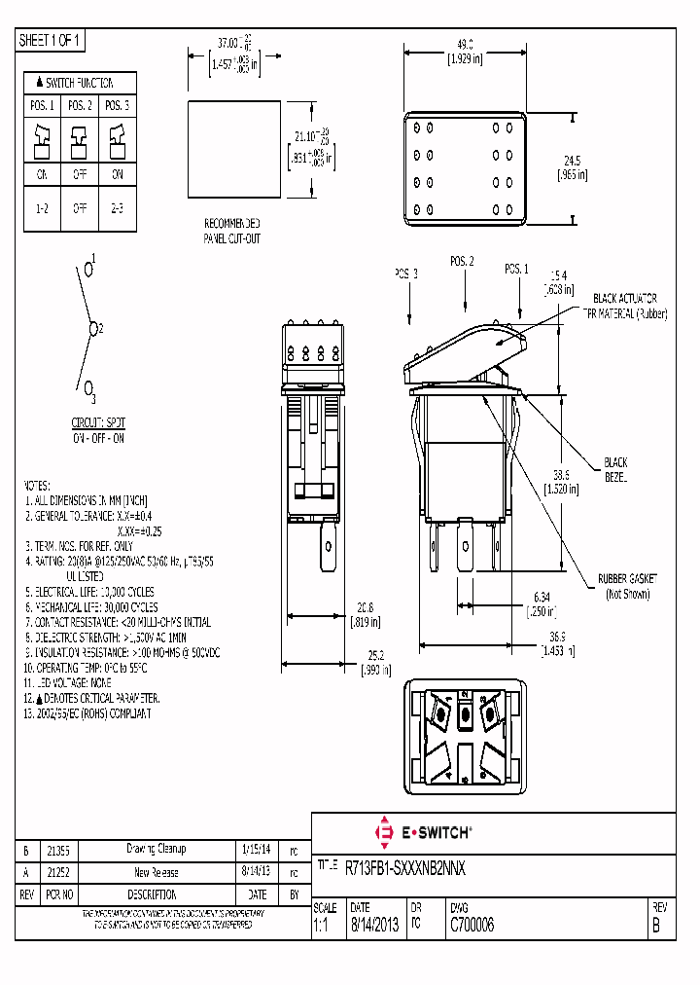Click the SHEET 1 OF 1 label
click(x=52, y=40)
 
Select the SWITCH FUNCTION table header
click(x=80, y=83)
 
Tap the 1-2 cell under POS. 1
click(x=42, y=207)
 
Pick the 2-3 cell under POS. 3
click(x=118, y=207)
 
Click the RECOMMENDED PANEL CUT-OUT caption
click(x=231, y=231)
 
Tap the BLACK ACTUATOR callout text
click(x=625, y=298)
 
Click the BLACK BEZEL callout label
click(x=615, y=470)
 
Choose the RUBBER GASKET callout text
click(x=627, y=578)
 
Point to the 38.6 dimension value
click(x=561, y=476)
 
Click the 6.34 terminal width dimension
click(x=542, y=596)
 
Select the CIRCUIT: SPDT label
click(x=98, y=422)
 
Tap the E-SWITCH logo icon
click(x=383, y=833)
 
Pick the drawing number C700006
click(x=471, y=927)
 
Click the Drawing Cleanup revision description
click(x=156, y=850)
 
